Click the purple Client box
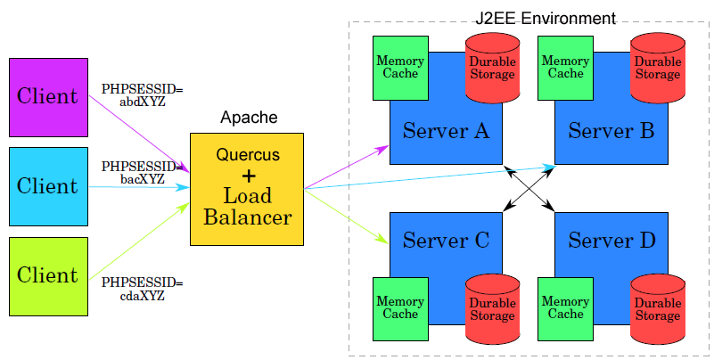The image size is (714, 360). [48, 96]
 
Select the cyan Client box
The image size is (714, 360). [48, 186]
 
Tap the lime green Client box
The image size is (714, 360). [48, 276]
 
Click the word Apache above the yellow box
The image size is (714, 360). [249, 118]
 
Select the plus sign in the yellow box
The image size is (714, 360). [249, 175]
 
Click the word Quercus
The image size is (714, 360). [248, 154]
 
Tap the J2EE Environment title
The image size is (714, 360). [546, 18]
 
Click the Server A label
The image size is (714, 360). [446, 132]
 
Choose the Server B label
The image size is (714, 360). [611, 132]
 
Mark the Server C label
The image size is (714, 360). [446, 240]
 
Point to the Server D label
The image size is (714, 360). [611, 240]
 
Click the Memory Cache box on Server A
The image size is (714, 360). [400, 68]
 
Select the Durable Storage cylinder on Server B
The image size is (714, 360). [658, 68]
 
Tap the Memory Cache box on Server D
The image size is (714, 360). [566, 308]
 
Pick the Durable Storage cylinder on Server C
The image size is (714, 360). [492, 308]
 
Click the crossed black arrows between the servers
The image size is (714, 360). [529, 188]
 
